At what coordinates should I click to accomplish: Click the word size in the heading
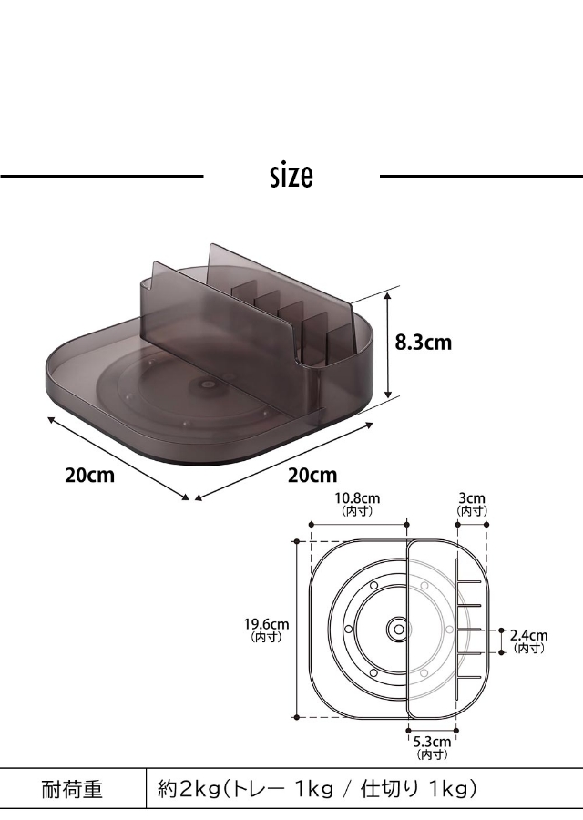tap(291, 176)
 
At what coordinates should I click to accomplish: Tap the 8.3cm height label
tap(423, 343)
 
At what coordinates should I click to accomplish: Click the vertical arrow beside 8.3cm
tap(387, 345)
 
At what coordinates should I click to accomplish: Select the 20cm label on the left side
tap(89, 476)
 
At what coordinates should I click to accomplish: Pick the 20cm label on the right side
tap(312, 476)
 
